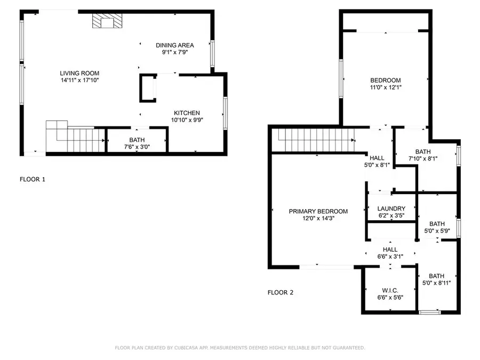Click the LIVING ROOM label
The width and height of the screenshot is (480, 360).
(x=79, y=73)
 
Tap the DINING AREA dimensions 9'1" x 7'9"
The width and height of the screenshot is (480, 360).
(x=175, y=52)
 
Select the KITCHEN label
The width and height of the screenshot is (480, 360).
(x=187, y=113)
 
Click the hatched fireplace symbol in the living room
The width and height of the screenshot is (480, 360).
(x=107, y=21)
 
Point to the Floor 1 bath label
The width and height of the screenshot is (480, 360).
(x=137, y=140)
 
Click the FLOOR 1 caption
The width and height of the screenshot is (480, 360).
(x=33, y=179)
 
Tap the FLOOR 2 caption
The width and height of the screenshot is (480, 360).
(x=281, y=293)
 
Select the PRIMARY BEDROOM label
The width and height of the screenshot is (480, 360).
(x=318, y=211)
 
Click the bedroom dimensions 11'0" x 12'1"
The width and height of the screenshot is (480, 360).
(x=386, y=87)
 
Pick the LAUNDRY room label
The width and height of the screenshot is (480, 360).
(x=391, y=209)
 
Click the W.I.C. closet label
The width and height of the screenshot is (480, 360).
(x=390, y=290)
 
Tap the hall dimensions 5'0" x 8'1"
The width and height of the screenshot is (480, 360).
(x=377, y=165)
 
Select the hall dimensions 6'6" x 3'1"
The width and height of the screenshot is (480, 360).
(x=390, y=257)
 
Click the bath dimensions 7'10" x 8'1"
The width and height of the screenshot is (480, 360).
(x=423, y=158)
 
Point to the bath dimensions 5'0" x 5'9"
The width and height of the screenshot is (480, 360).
(x=437, y=231)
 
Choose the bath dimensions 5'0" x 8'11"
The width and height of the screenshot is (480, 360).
(x=436, y=283)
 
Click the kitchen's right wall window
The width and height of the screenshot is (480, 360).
(x=225, y=113)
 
